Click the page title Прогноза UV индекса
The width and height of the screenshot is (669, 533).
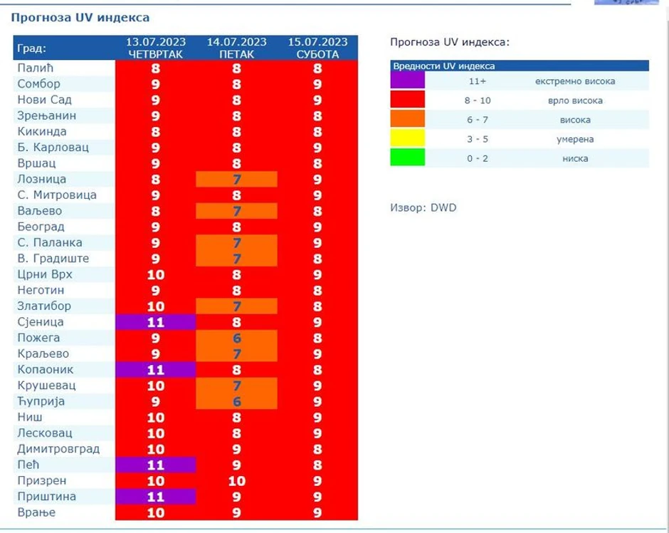point(80,17)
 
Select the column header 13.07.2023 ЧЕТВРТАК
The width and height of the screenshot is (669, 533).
point(155,48)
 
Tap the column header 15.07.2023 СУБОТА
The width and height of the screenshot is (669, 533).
point(317,48)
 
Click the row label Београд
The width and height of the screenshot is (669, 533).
point(41,227)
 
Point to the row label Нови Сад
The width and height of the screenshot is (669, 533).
point(44,100)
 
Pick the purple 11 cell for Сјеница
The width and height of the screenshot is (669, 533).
point(155,322)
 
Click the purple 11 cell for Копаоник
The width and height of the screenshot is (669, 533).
point(155,370)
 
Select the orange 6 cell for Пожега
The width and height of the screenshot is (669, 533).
point(236,338)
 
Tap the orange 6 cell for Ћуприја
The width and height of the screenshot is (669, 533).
point(236,401)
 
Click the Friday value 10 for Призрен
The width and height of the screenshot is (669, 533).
point(236,481)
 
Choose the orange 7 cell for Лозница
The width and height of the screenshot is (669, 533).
point(236,180)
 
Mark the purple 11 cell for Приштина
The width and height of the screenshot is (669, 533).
point(155,497)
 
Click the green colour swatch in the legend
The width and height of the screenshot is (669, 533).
point(408,157)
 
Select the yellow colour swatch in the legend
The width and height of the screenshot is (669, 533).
point(408,138)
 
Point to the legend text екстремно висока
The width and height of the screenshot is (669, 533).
point(574,81)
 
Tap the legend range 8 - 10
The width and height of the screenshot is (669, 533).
point(478,100)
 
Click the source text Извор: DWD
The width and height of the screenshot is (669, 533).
point(423,208)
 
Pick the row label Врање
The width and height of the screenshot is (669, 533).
point(36,512)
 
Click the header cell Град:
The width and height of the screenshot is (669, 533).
point(32,48)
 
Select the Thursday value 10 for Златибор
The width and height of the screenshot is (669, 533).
point(155,306)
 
